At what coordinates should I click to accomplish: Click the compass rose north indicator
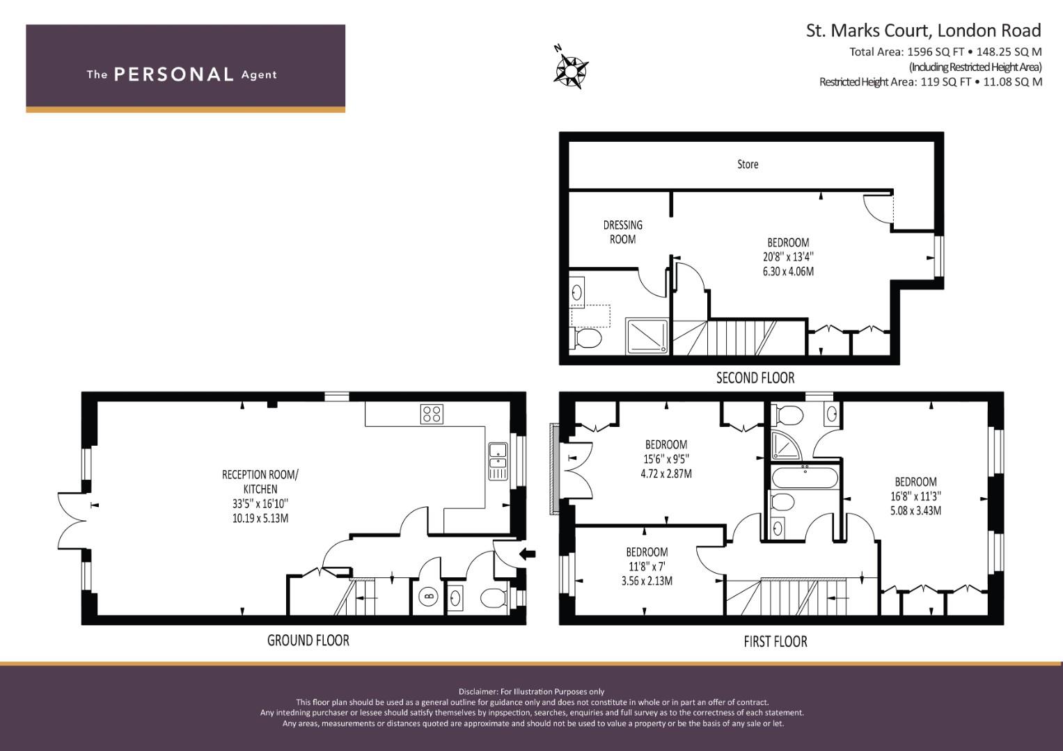(x=571, y=71)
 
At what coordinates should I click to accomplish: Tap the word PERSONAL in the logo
(x=174, y=74)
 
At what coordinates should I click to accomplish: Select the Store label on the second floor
(x=748, y=164)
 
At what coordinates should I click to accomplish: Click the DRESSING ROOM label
(x=622, y=232)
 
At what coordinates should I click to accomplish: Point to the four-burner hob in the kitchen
(x=432, y=414)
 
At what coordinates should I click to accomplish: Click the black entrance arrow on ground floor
(x=528, y=554)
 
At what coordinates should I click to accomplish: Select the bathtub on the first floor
(x=805, y=478)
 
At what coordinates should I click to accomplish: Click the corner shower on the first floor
(x=786, y=446)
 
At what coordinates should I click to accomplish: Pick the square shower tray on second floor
(x=647, y=336)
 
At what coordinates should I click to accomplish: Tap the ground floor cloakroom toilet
(x=494, y=598)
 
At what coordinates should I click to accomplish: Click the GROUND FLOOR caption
(x=308, y=640)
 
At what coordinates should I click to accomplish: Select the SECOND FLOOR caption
(x=755, y=378)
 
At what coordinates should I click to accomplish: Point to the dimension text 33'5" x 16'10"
(x=260, y=503)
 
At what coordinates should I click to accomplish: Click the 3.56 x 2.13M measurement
(x=647, y=581)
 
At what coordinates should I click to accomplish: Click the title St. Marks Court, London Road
(x=924, y=31)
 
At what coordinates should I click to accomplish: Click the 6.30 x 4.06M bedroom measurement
(x=788, y=272)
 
